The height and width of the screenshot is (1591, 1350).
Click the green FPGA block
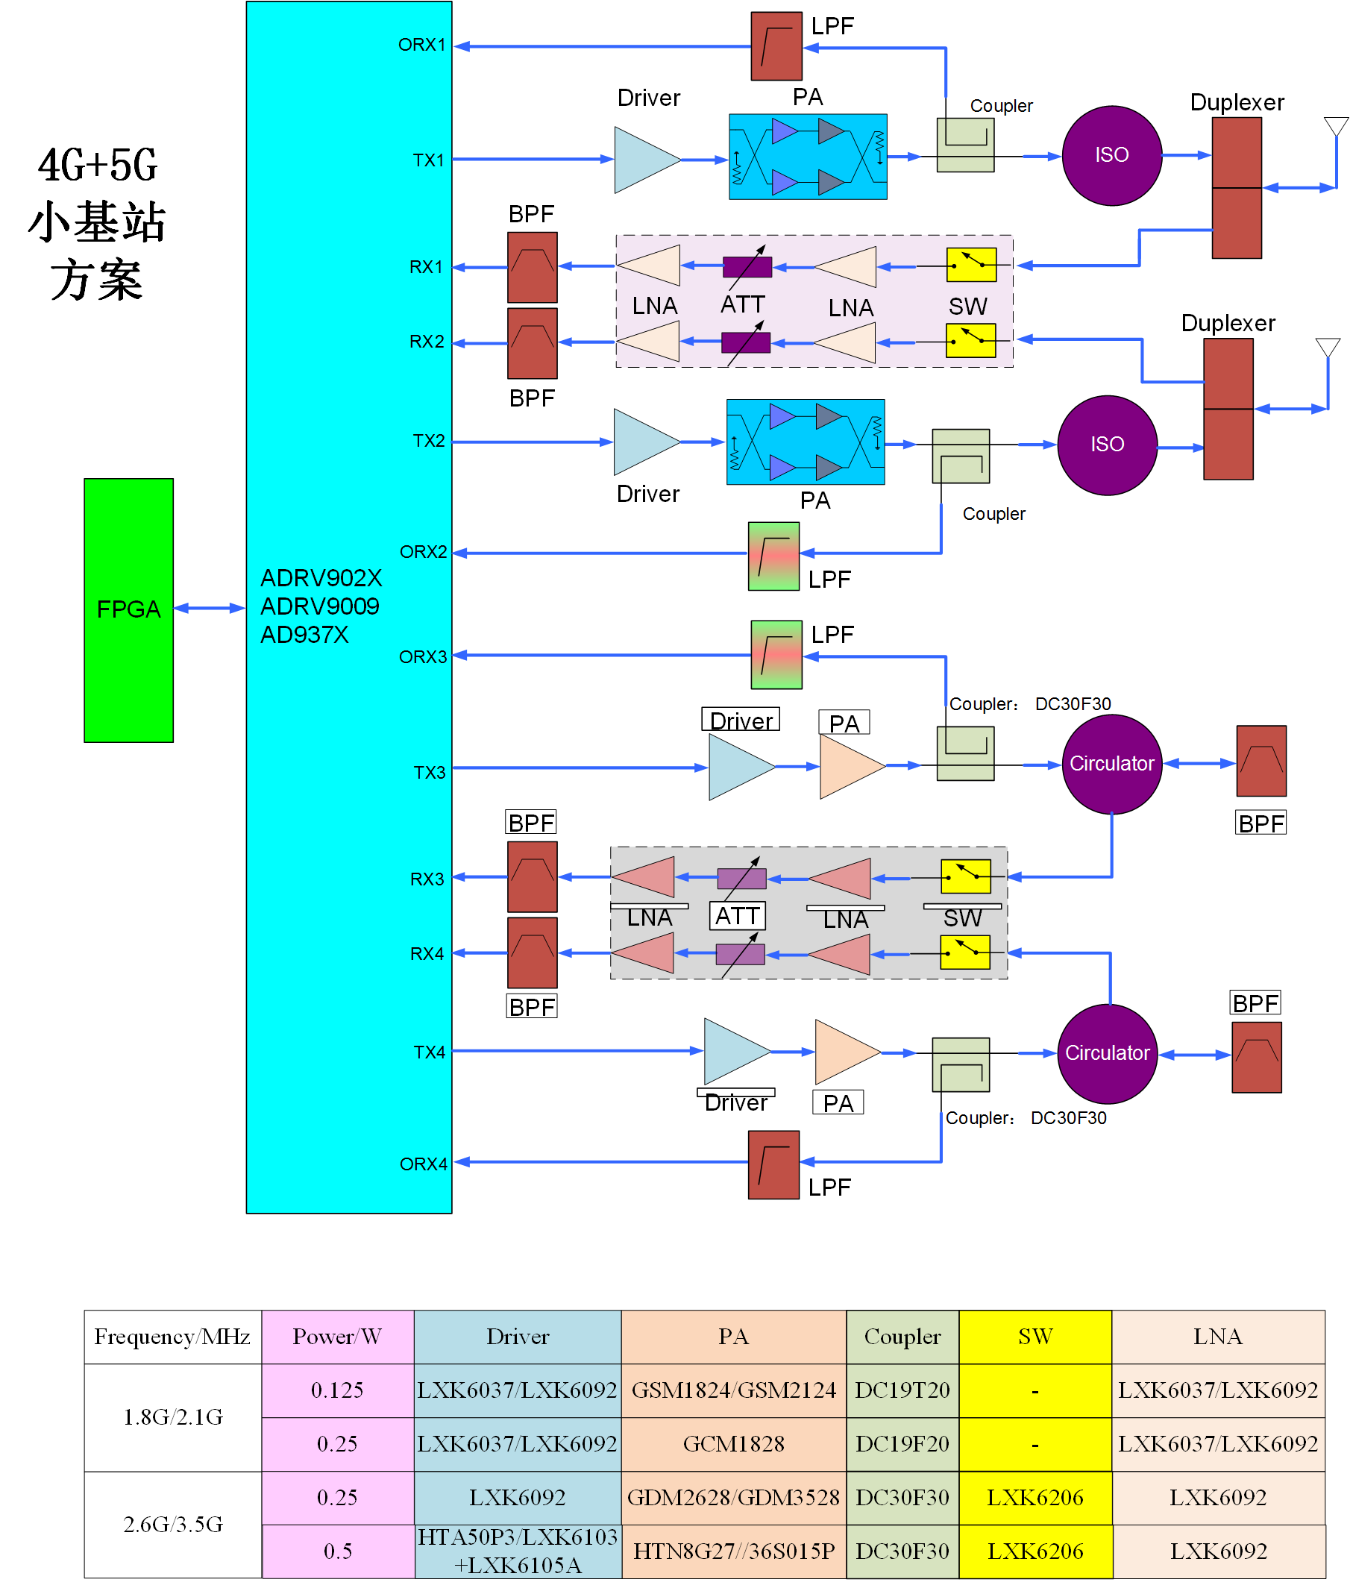click(128, 610)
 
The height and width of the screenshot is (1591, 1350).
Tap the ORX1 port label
click(421, 45)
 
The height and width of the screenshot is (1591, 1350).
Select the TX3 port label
click(430, 772)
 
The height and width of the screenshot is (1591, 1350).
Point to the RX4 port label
click(427, 953)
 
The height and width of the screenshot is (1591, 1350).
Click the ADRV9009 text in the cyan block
click(320, 606)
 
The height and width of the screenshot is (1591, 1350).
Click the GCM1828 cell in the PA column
click(733, 1443)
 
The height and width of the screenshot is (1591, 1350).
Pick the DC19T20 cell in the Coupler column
click(902, 1390)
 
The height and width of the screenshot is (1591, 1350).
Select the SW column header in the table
click(1035, 1336)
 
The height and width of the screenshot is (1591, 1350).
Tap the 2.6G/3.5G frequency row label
click(173, 1524)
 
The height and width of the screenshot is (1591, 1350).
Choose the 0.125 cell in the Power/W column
click(336, 1390)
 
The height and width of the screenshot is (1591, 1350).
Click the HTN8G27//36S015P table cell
click(733, 1551)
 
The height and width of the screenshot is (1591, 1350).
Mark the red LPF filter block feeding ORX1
click(776, 46)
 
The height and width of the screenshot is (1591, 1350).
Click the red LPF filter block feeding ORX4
click(773, 1164)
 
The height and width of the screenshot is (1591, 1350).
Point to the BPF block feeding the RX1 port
click(533, 267)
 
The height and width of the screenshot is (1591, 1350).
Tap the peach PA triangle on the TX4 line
click(847, 1052)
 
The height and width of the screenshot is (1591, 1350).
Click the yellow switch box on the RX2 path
click(970, 341)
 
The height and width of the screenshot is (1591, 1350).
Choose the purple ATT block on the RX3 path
click(741, 878)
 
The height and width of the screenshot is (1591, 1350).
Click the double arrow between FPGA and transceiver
click(209, 609)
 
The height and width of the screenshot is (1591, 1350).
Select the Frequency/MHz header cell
click(172, 1336)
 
